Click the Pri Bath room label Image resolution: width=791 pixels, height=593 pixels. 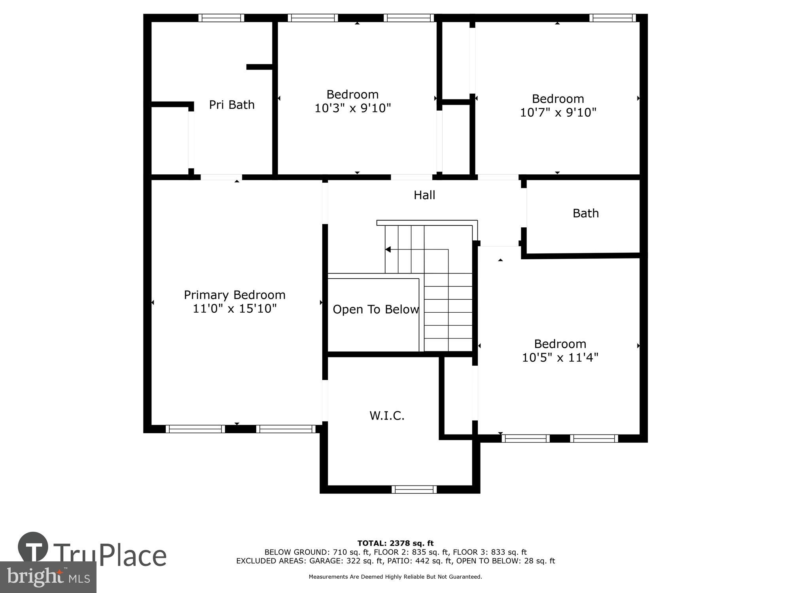click(x=231, y=105)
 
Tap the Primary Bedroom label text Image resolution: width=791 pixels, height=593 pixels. click(x=235, y=295)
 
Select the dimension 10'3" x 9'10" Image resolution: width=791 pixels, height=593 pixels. click(x=352, y=108)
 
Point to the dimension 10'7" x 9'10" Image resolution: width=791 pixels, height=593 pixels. click(x=558, y=113)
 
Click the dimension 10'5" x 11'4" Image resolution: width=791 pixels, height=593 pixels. click(x=560, y=358)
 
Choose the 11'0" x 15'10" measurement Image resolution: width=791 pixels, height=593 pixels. click(x=235, y=309)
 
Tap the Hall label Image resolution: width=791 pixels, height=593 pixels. click(x=424, y=195)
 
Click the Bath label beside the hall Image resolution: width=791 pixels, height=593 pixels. click(x=585, y=213)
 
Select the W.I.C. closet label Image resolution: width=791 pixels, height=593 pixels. click(x=387, y=415)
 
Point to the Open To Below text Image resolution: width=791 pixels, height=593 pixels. click(x=375, y=310)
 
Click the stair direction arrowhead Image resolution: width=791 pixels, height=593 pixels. click(x=388, y=249)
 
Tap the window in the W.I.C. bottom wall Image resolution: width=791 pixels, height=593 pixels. click(x=414, y=489)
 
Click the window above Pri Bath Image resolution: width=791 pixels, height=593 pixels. click(x=221, y=18)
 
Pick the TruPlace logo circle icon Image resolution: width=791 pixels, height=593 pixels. click(x=33, y=548)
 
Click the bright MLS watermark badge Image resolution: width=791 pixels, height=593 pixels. click(x=48, y=577)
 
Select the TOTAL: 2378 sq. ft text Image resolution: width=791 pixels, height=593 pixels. click(x=395, y=543)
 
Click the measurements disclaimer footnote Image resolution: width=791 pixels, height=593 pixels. click(x=395, y=577)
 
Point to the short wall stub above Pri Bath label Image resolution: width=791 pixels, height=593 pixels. click(x=259, y=67)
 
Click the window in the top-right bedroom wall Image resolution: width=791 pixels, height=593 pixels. click(x=612, y=18)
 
